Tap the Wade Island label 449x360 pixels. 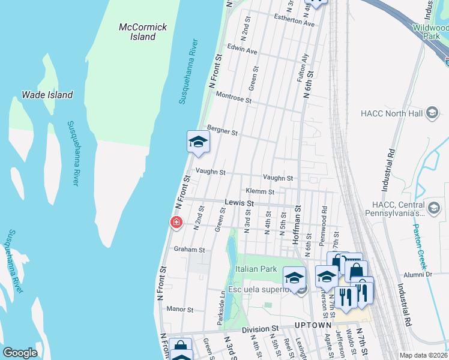tap(47, 95)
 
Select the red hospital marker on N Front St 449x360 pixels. tap(176, 223)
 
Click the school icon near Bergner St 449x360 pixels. tap(198, 142)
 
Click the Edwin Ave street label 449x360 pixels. tap(242, 52)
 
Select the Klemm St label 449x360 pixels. tap(260, 192)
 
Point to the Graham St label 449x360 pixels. tap(189, 250)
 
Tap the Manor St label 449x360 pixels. tap(180, 310)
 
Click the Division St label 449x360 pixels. tap(261, 329)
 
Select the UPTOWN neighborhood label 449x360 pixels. tap(313, 325)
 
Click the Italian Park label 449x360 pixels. tap(256, 269)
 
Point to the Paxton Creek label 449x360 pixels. tap(420, 247)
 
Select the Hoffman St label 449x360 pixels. tap(295, 228)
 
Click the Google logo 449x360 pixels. tap(20, 353)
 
